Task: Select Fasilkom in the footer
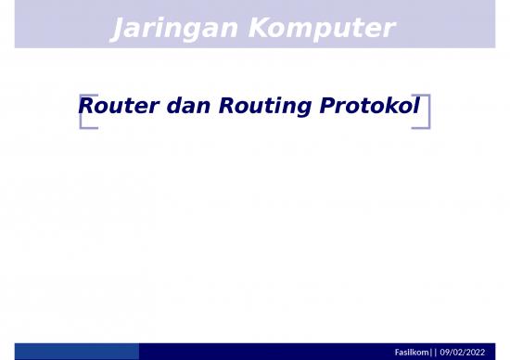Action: [414, 353]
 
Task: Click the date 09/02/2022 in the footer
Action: [462, 353]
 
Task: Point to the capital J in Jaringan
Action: [116, 31]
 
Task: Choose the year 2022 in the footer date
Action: [474, 353]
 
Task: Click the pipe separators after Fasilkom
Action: [434, 353]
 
